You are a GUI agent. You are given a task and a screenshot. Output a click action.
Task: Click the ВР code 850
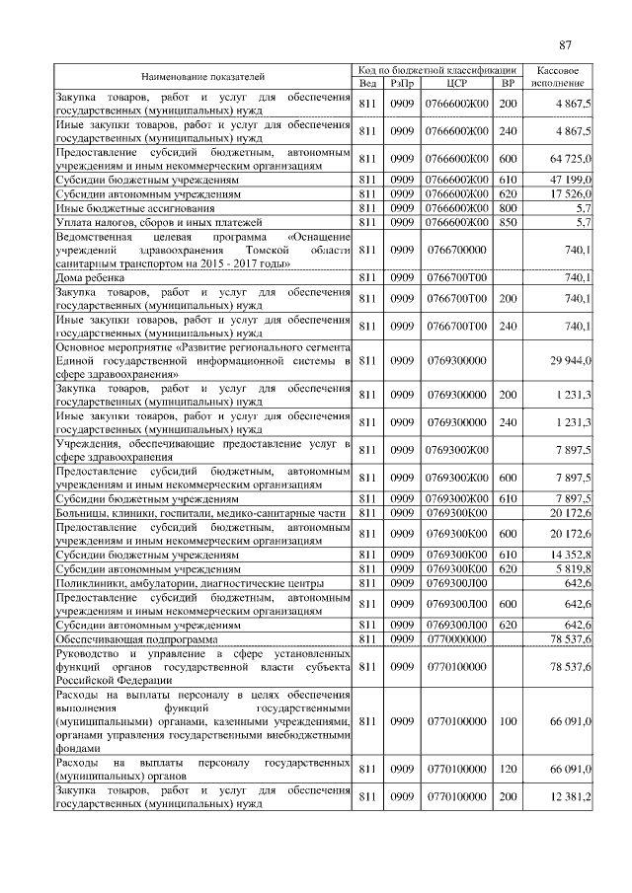(508, 224)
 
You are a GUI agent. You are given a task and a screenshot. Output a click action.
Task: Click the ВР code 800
(508, 210)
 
